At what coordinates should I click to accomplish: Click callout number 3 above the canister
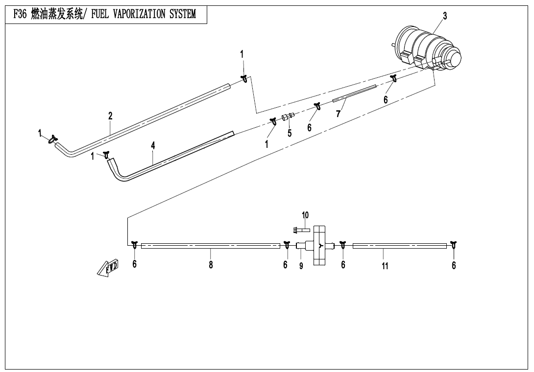(445, 16)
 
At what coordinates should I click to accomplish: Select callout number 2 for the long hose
(110, 116)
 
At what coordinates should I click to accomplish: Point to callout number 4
(153, 146)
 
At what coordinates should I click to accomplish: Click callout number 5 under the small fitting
(290, 133)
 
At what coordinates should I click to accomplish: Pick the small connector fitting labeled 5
(287, 117)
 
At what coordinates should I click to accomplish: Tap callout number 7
(338, 114)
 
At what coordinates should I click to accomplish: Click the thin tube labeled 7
(354, 93)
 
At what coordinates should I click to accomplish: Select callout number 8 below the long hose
(211, 265)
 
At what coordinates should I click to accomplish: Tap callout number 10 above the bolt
(305, 215)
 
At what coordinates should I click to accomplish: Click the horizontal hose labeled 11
(399, 246)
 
